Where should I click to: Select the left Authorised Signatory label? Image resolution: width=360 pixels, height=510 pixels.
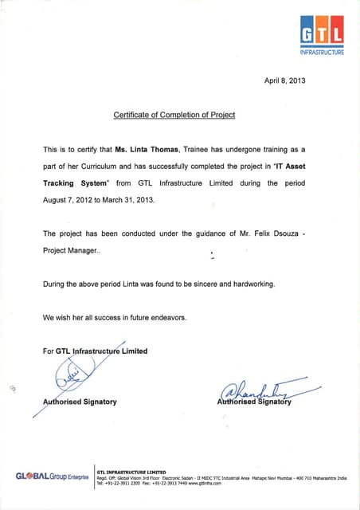point(80,402)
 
